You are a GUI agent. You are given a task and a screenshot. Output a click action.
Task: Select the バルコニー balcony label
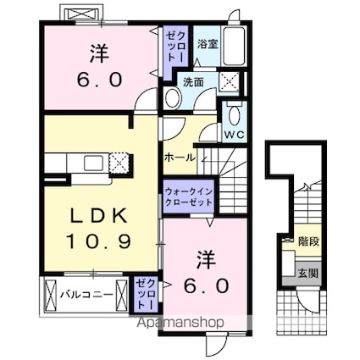pyautogui.click(x=81, y=296)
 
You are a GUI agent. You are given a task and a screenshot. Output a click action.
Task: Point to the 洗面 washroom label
pyautogui.click(x=193, y=82)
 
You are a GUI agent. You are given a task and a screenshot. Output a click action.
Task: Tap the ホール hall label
pyautogui.click(x=180, y=157)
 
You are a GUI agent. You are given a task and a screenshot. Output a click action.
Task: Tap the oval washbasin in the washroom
pyautogui.click(x=172, y=98)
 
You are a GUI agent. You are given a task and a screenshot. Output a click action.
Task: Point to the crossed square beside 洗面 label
pyautogui.click(x=227, y=80)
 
